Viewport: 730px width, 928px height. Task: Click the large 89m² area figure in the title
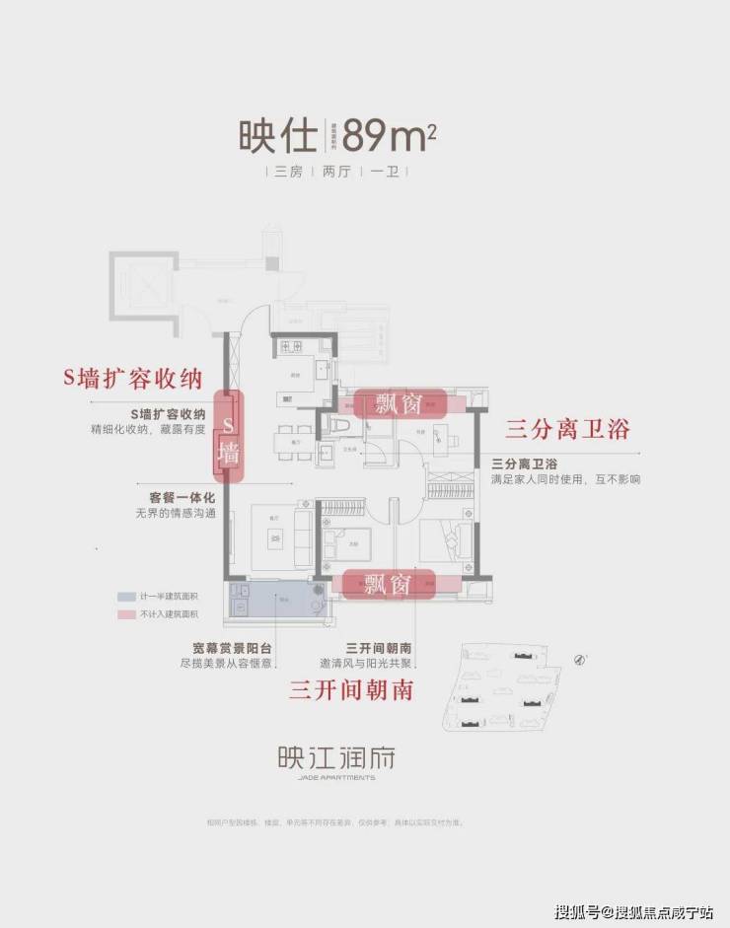pos(389,134)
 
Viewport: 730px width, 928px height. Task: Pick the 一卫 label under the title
pos(383,172)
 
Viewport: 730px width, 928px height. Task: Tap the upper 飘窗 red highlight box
pos(400,403)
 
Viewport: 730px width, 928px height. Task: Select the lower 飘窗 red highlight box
pos(386,583)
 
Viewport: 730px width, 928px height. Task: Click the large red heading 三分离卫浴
pos(566,429)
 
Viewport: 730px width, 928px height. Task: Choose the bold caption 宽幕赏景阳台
pos(233,648)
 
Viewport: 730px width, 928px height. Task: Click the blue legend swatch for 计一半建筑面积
pos(126,598)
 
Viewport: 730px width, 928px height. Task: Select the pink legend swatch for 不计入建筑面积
pos(126,613)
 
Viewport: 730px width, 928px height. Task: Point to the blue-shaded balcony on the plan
pos(276,599)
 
